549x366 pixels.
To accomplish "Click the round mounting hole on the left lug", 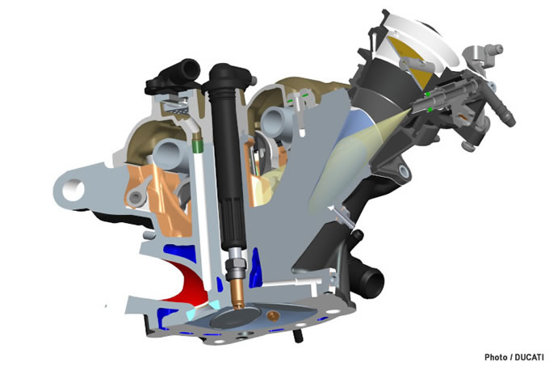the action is pos(73,190).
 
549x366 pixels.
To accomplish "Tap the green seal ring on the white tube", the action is pos(198,146).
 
